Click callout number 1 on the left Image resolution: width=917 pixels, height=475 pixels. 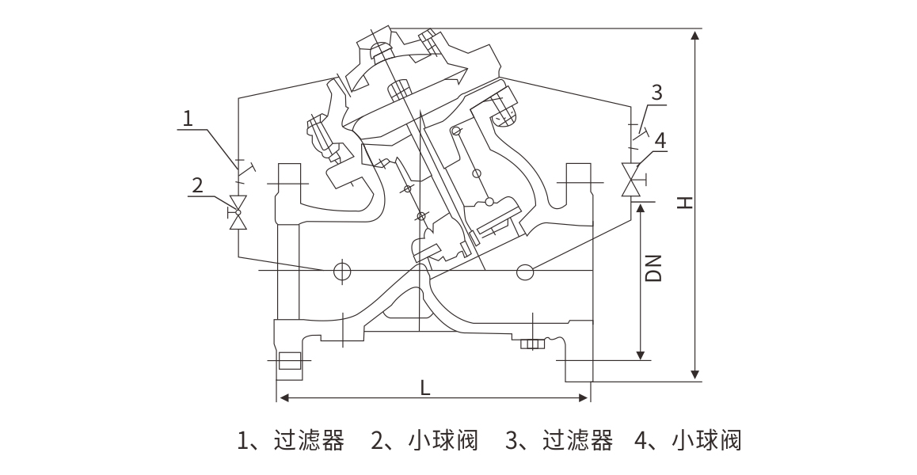pyautogui.click(x=188, y=119)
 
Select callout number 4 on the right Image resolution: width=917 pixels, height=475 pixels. pyautogui.click(x=660, y=140)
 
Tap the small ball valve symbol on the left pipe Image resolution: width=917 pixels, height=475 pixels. pyautogui.click(x=237, y=212)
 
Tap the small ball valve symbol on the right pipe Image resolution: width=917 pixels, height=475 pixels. pyautogui.click(x=632, y=180)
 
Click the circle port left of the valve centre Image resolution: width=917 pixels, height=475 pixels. pyautogui.click(x=341, y=271)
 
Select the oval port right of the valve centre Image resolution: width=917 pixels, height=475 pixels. pyautogui.click(x=525, y=272)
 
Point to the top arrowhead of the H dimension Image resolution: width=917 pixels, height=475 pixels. pyautogui.click(x=695, y=36)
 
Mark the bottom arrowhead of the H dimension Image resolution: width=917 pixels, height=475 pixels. pyautogui.click(x=695, y=374)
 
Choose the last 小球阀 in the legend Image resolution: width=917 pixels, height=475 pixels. pyautogui.click(x=706, y=440)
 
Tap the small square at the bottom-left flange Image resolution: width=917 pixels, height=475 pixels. pyautogui.click(x=290, y=362)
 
